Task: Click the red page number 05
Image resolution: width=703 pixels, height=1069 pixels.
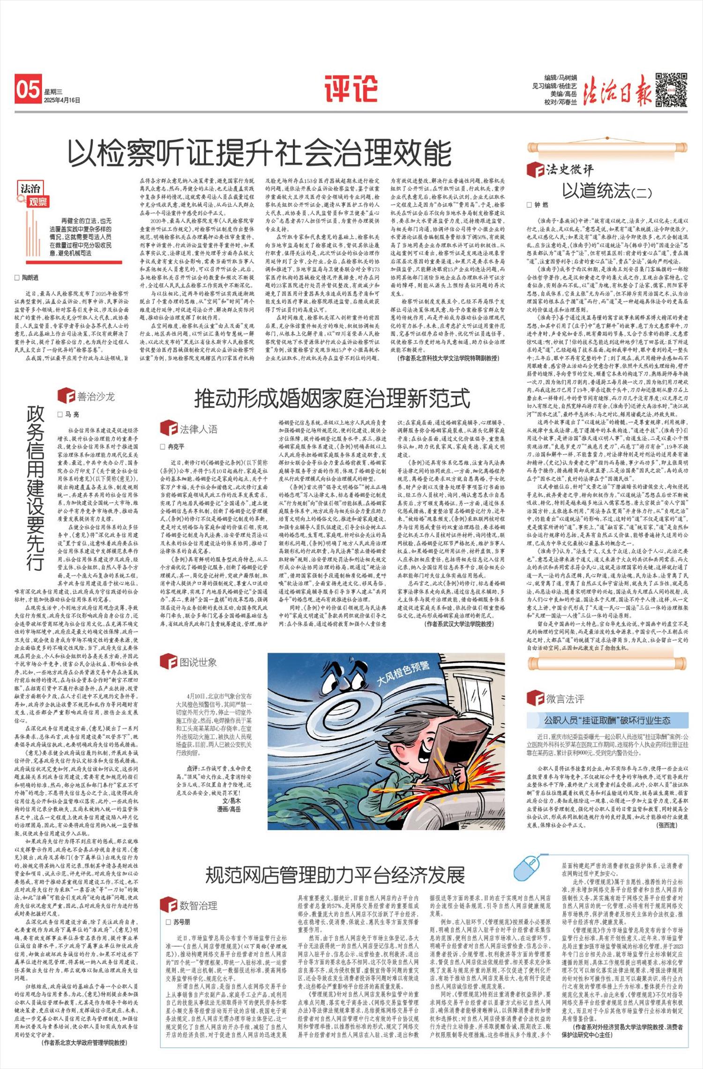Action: [28, 89]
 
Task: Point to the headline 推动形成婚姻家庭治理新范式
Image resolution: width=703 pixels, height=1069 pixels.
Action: [332, 399]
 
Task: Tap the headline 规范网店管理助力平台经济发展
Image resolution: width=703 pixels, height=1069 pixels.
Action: [335, 875]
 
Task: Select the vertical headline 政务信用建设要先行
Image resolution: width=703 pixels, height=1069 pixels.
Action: [36, 488]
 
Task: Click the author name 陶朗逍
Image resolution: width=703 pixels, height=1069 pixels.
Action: [30, 278]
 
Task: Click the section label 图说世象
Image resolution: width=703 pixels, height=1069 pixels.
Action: [198, 662]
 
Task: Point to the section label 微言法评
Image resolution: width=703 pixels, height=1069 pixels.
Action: [565, 699]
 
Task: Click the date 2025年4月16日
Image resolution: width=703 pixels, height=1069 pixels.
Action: [62, 100]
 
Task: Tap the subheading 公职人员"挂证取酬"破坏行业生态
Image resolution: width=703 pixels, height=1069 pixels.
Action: [607, 720]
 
